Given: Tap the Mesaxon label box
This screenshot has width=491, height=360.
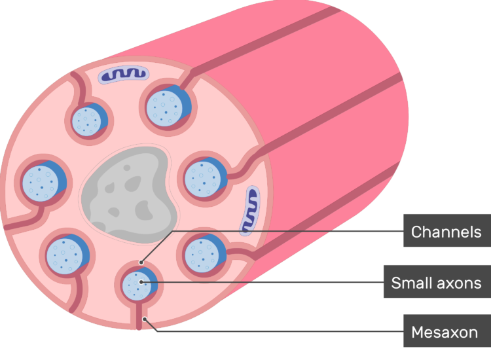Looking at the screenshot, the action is point(447,331).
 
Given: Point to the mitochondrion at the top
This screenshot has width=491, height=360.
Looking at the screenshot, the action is point(124,74).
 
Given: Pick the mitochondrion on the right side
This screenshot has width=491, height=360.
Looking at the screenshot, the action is point(250,210).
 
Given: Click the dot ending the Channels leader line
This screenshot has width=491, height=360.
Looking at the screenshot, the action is point(141,262).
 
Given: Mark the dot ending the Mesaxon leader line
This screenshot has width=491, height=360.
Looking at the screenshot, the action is point(145,319).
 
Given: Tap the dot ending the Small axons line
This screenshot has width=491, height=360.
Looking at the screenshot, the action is point(141,282).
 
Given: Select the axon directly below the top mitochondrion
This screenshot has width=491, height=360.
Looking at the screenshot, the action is point(168,106).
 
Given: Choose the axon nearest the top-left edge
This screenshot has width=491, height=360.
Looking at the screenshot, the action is point(89,120).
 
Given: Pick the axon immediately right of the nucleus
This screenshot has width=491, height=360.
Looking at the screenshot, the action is point(205,178).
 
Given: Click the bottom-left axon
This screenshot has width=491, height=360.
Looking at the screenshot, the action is point(67,255).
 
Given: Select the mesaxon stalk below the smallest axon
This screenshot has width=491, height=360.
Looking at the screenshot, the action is point(139,315).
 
